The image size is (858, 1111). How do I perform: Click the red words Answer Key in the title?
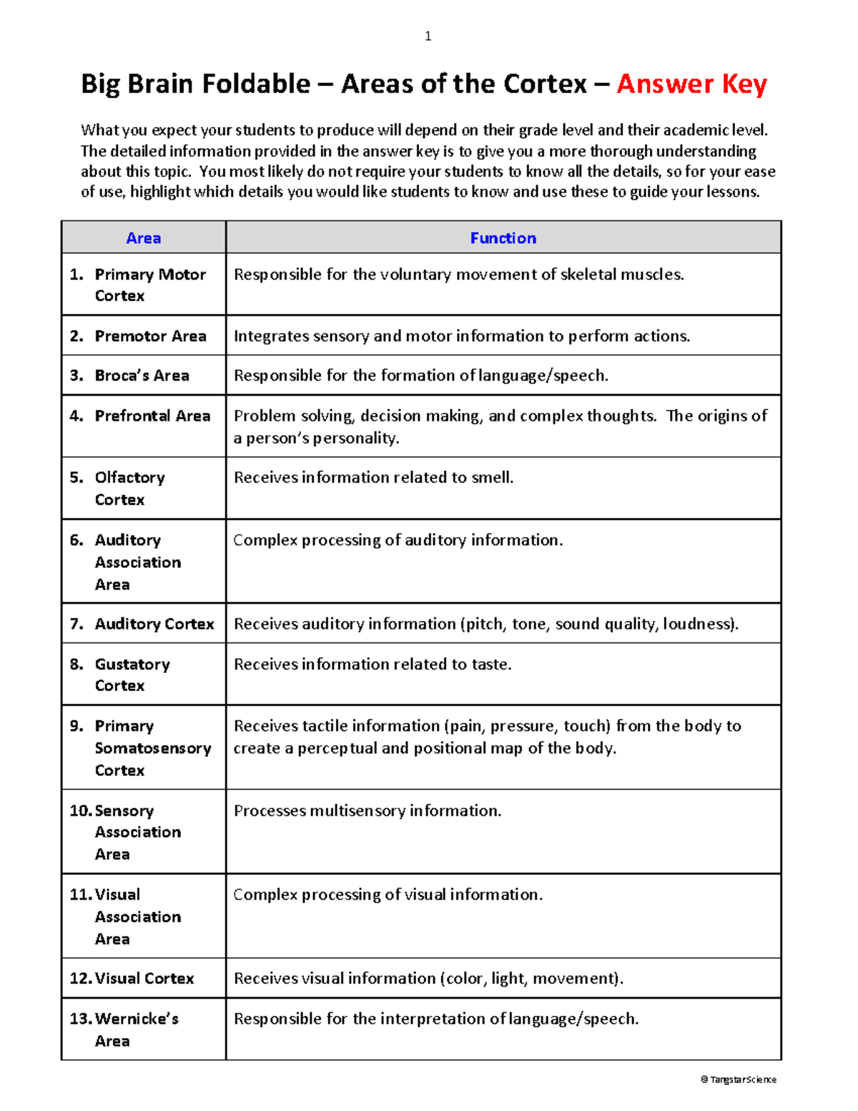coord(691,84)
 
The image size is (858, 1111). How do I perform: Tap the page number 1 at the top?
coord(428,36)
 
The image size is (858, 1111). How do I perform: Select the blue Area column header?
coord(143,238)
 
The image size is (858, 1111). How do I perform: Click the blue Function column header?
coord(503,238)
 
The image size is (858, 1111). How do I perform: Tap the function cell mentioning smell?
coord(373,478)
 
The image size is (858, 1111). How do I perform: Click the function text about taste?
coord(373,665)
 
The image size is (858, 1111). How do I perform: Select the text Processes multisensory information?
coord(368,811)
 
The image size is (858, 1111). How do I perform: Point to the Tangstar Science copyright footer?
coord(739,1080)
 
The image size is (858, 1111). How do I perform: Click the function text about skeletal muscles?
coord(458,275)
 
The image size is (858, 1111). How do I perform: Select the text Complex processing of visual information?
coord(388,895)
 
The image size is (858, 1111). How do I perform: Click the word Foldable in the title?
coord(255,84)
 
